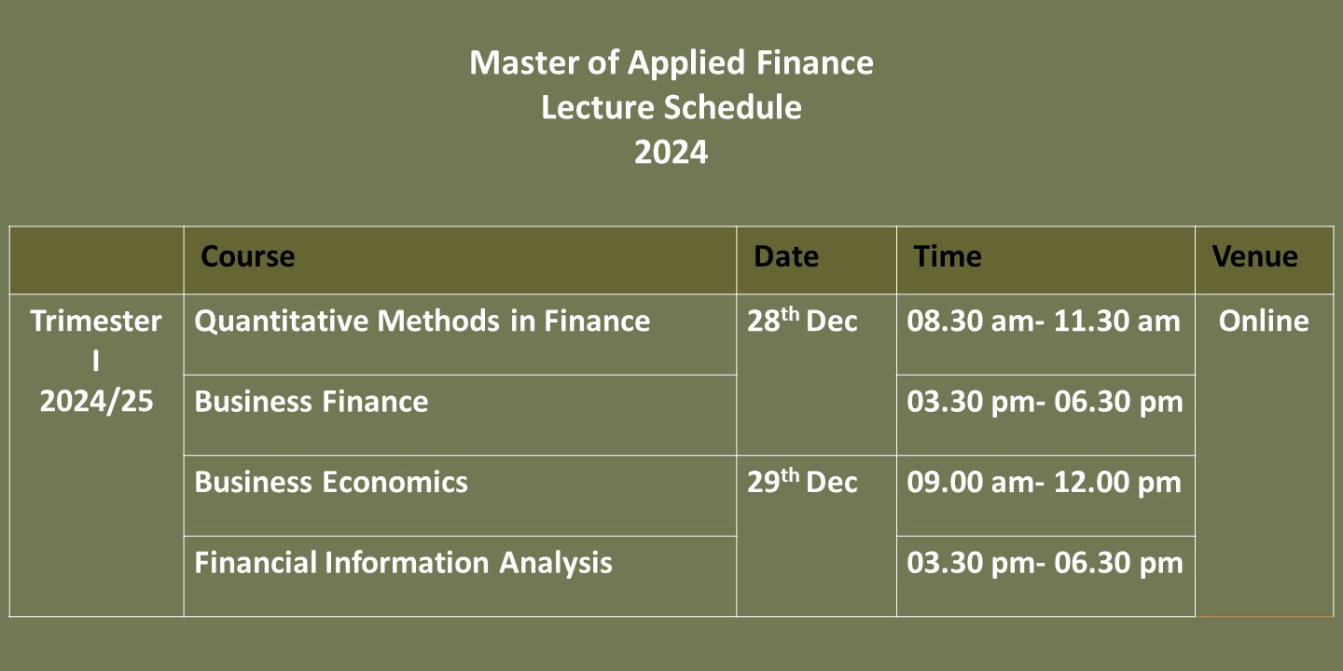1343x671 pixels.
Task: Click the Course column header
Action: click(248, 257)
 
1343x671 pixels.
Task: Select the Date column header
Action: click(786, 256)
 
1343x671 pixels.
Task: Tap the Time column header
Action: click(948, 256)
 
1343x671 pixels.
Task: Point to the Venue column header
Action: click(1255, 256)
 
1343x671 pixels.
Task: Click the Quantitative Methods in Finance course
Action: click(422, 321)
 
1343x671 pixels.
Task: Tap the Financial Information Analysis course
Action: click(403, 563)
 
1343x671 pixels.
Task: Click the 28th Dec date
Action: click(802, 320)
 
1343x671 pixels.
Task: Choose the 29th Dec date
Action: click(802, 481)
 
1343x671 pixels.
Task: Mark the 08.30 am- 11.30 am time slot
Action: click(1044, 321)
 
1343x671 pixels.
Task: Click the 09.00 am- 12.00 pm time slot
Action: click(1044, 483)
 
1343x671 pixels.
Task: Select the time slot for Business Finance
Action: click(1045, 402)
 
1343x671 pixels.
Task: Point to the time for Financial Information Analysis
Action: click(1045, 563)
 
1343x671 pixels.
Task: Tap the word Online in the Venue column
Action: click(1264, 321)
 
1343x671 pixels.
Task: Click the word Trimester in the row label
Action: click(96, 321)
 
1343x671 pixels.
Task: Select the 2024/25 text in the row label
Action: click(97, 401)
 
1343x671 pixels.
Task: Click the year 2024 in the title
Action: click(671, 152)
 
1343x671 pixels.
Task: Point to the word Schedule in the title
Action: click(733, 107)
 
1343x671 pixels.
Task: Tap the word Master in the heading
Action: click(524, 62)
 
